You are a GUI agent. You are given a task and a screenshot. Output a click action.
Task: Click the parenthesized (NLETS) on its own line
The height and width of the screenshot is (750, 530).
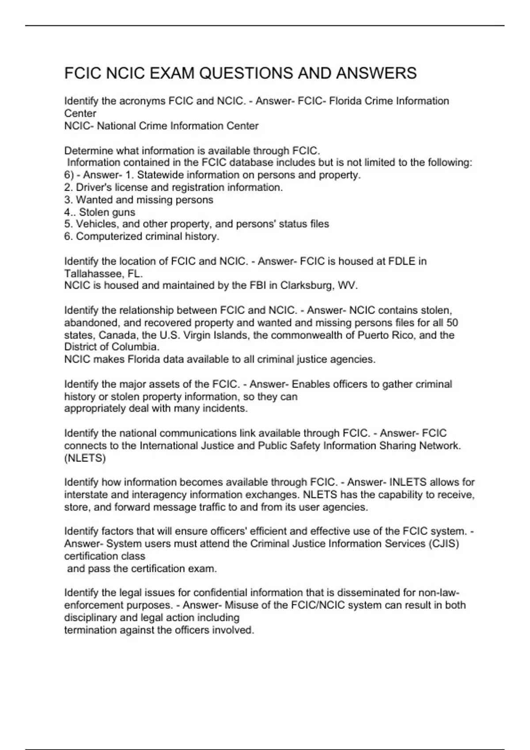(85, 458)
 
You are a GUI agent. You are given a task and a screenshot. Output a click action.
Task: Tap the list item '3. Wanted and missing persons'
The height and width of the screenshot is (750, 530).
(139, 200)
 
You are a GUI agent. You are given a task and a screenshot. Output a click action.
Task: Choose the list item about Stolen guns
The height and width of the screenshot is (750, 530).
(100, 212)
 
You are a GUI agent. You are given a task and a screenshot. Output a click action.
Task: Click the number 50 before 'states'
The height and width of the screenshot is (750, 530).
(452, 322)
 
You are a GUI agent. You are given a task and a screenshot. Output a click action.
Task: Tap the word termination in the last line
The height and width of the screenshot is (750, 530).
(88, 630)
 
